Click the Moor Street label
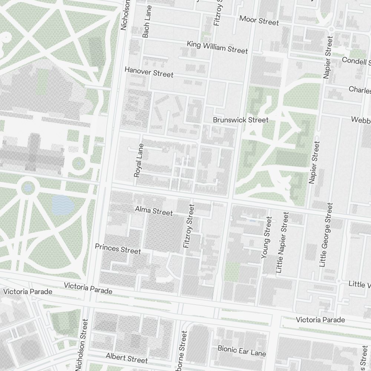259,20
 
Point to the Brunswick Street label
240,120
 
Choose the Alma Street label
154,211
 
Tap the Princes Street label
118,249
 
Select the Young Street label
266,238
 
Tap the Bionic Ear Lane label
242,351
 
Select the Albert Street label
127,358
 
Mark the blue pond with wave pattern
63,204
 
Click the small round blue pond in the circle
27,188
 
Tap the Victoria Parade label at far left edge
28,292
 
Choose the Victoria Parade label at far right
320,319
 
